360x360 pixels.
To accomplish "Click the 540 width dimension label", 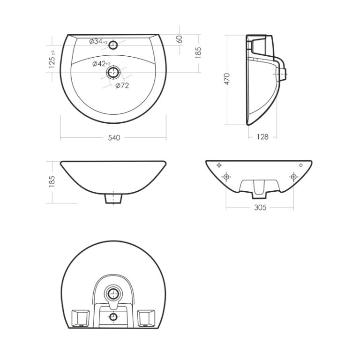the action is pos(114,138).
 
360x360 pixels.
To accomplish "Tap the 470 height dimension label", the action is pos(227,79).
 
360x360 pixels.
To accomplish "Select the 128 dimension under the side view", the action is pos(262,137).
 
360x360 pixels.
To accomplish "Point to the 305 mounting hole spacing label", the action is pos(260,208).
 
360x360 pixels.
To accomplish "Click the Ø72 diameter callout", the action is pos(122,86).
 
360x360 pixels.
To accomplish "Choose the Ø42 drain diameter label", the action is pos(101,64).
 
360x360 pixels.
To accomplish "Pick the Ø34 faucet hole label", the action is pos(98,42).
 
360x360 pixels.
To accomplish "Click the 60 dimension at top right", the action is pos(180,39).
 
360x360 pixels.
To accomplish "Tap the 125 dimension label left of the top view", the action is pos(52,59).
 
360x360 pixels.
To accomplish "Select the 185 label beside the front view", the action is pos(52,181).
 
